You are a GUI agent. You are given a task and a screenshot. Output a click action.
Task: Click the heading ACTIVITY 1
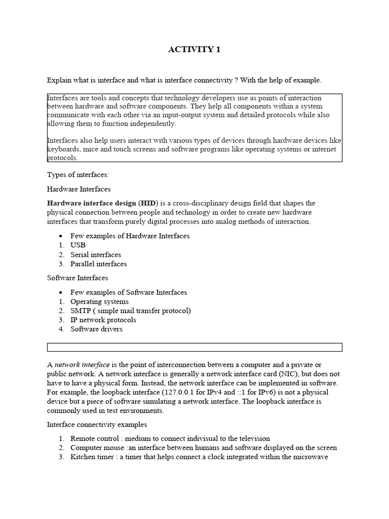pyautogui.click(x=194, y=50)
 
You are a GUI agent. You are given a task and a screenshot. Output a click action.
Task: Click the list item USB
pyautogui.click(x=78, y=245)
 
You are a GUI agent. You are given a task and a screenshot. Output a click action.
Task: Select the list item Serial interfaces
pyautogui.click(x=96, y=254)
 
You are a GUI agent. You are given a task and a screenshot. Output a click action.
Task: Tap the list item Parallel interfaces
pyautogui.click(x=98, y=264)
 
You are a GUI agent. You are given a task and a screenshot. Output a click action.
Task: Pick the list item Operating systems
pyautogui.click(x=99, y=302)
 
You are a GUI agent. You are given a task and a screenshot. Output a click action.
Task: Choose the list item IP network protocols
pyautogui.click(x=103, y=320)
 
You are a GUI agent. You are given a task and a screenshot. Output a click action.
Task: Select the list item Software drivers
pyautogui.click(x=96, y=329)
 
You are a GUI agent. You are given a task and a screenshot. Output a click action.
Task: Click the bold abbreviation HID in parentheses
pyautogui.click(x=147, y=203)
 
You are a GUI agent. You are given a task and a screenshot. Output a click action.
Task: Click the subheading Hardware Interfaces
pyautogui.click(x=79, y=189)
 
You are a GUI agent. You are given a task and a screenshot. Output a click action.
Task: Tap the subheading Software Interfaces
pyautogui.click(x=77, y=278)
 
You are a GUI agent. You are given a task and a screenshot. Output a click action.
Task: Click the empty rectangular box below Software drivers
pyautogui.click(x=194, y=347)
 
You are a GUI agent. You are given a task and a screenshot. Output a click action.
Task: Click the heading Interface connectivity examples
pyautogui.click(x=97, y=424)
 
